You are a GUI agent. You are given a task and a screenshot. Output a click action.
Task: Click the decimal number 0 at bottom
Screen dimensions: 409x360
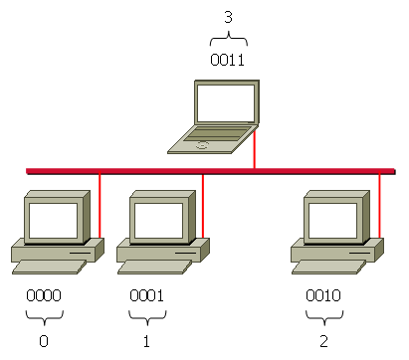click(43, 340)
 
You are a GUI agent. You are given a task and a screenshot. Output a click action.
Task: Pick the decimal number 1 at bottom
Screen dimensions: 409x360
click(146, 340)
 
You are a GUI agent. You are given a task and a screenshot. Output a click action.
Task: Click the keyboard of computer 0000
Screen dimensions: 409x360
click(44, 267)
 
